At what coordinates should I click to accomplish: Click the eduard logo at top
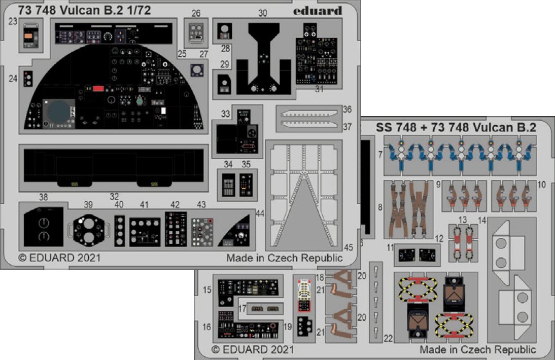tap(321, 11)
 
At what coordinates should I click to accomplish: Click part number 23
tap(13, 21)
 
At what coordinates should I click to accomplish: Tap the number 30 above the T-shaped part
tap(262, 14)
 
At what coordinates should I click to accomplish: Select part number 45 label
tap(348, 247)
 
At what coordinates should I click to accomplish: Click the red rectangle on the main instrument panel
tap(98, 88)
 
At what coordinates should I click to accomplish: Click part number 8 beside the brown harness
tap(379, 207)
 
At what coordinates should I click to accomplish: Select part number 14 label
tap(482, 221)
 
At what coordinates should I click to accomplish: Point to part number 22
tap(389, 338)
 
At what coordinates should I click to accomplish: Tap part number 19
tap(287, 327)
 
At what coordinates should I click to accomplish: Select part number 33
tap(225, 114)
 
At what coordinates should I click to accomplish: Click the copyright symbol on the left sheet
tap(22, 258)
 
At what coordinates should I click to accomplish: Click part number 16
tap(206, 327)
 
